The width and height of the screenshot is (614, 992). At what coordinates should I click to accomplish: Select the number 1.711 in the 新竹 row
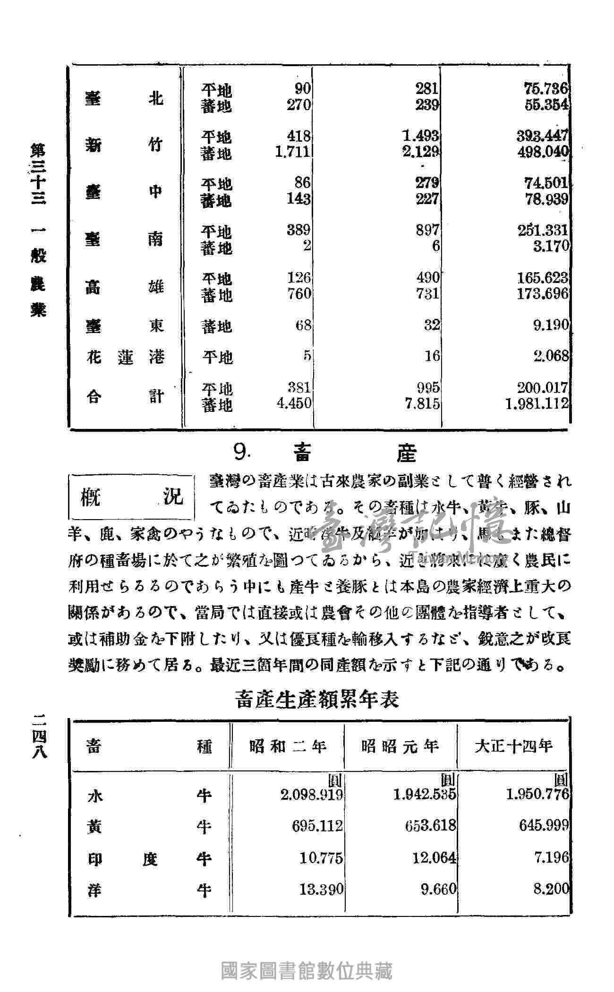click(293, 152)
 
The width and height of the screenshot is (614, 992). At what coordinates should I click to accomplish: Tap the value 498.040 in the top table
click(546, 152)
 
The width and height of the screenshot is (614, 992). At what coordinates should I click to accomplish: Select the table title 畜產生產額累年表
click(317, 699)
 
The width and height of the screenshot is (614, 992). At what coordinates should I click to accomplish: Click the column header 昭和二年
click(288, 746)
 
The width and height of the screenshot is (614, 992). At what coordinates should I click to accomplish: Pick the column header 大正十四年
click(513, 746)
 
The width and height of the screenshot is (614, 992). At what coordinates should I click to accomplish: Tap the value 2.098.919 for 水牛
click(311, 795)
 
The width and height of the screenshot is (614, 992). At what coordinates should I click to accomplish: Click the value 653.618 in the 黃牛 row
click(430, 825)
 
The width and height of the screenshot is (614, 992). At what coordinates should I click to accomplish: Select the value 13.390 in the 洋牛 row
click(321, 889)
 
